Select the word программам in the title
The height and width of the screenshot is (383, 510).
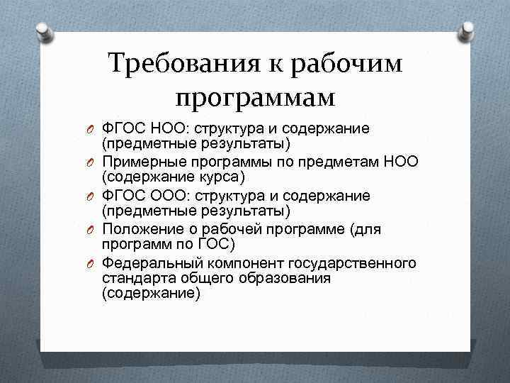pyautogui.click(x=255, y=98)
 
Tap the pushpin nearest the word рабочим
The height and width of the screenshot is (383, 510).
pyautogui.click(x=468, y=30)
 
